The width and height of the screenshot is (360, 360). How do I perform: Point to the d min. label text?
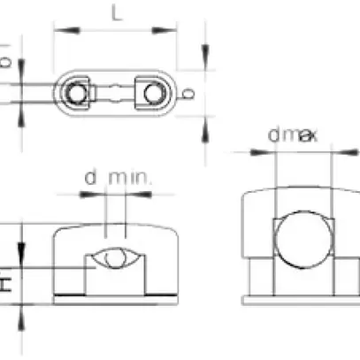(x=118, y=180)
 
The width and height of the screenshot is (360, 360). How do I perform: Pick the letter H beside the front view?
(x=6, y=283)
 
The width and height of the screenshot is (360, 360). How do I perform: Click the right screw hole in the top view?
(x=149, y=93)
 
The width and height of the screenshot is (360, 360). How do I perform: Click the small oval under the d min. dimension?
(x=112, y=259)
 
